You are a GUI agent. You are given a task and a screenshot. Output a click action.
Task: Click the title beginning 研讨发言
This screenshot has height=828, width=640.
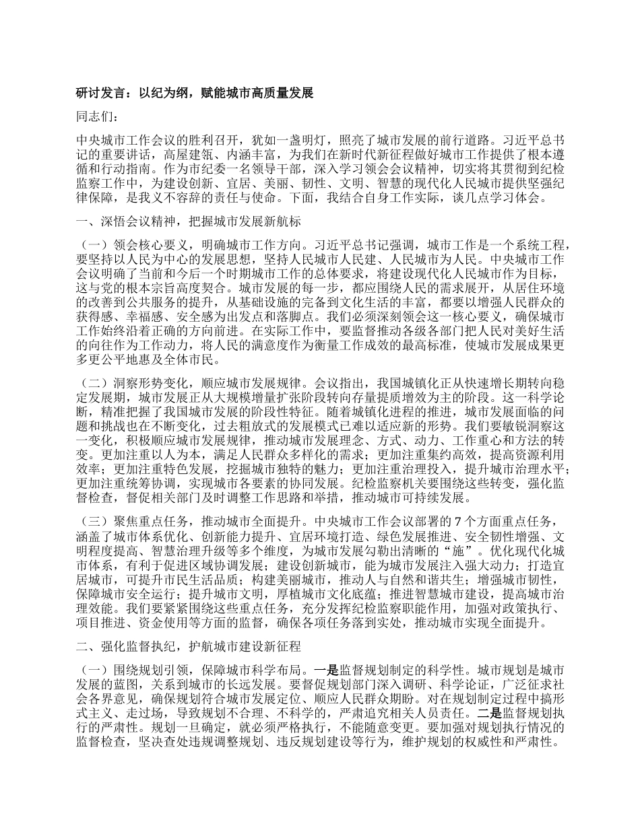click(x=195, y=93)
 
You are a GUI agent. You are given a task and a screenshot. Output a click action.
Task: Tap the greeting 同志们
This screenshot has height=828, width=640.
click(x=96, y=117)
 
